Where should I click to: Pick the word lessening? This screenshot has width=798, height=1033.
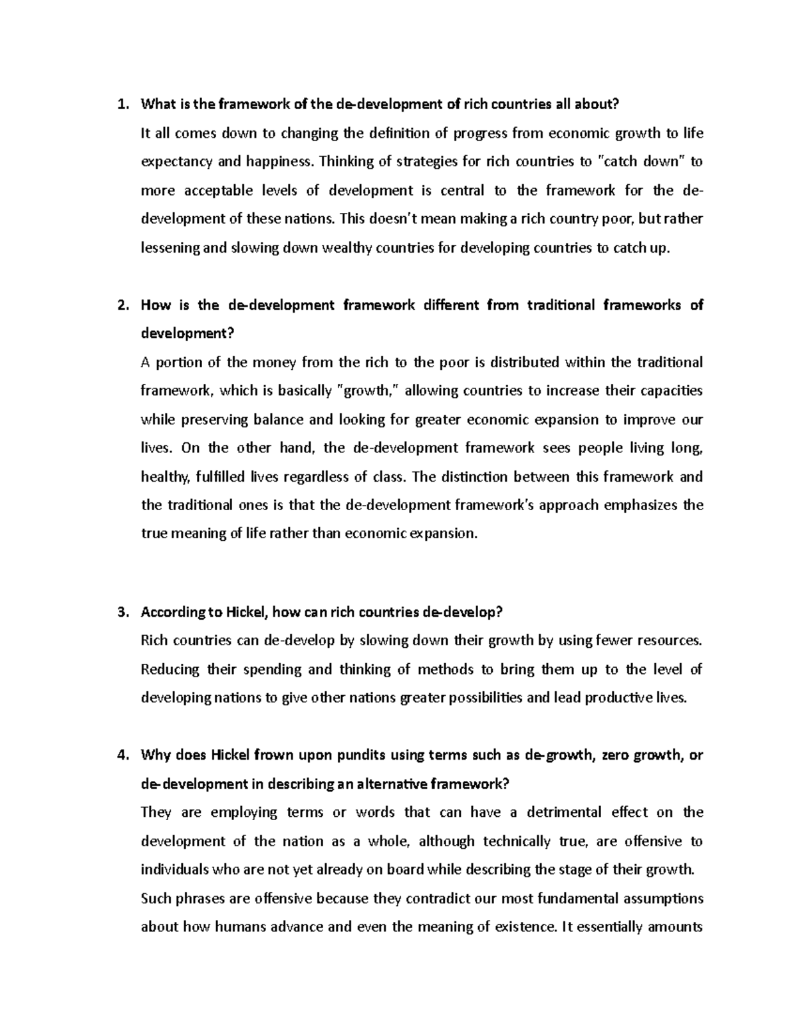[x=170, y=248]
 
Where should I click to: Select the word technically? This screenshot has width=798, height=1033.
[x=516, y=841]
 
